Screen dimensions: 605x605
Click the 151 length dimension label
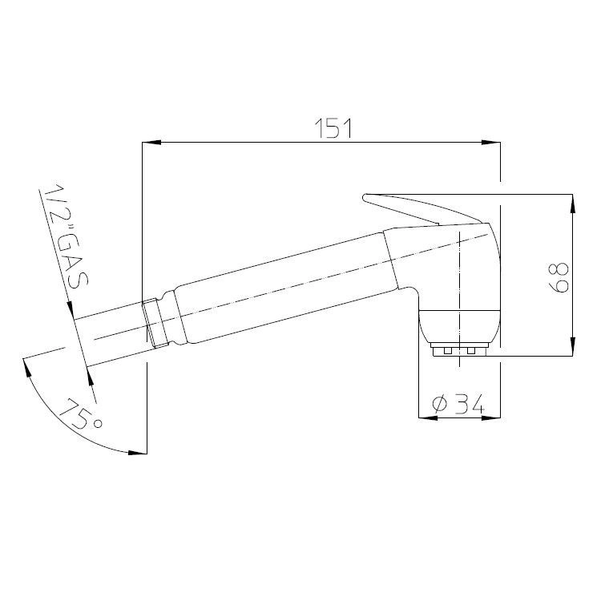pyautogui.click(x=333, y=128)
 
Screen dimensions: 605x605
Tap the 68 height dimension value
pyautogui.click(x=559, y=277)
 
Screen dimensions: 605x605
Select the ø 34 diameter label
pyautogui.click(x=458, y=405)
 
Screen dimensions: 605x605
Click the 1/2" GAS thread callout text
pyautogui.click(x=66, y=236)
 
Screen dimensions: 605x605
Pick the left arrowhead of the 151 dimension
pyautogui.click(x=151, y=143)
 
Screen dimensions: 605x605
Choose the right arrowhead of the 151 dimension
pyautogui.click(x=490, y=143)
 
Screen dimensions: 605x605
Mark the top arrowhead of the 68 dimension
pyautogui.click(x=573, y=204)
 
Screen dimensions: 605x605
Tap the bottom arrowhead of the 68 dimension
pyautogui.click(x=573, y=346)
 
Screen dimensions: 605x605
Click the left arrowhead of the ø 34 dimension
pyautogui.click(x=428, y=417)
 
